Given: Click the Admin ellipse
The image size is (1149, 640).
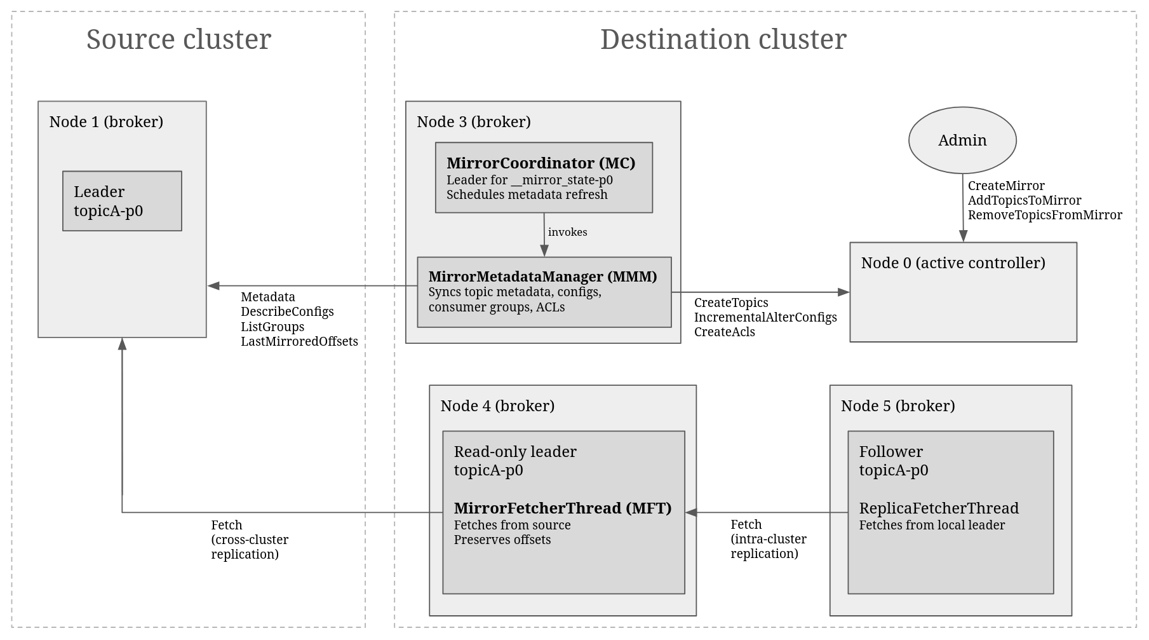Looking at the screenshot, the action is pyautogui.click(x=962, y=140).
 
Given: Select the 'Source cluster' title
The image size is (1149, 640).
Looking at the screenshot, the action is pyautogui.click(x=178, y=39).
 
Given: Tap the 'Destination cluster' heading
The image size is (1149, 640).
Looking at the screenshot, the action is pyautogui.click(x=723, y=39).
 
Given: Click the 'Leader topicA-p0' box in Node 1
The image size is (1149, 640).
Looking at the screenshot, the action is pyautogui.click(x=122, y=201).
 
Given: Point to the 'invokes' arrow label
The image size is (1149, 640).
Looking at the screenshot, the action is pyautogui.click(x=568, y=232).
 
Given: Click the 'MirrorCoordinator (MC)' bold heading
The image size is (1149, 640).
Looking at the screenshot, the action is pyautogui.click(x=541, y=163).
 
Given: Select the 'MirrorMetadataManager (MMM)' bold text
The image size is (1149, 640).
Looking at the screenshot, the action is pyautogui.click(x=543, y=276).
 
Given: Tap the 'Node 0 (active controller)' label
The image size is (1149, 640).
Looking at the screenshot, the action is pyautogui.click(x=953, y=262).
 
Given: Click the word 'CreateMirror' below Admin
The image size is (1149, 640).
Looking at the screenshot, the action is pyautogui.click(x=1006, y=186).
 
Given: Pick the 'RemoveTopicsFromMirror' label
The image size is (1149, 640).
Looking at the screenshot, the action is pyautogui.click(x=1045, y=215).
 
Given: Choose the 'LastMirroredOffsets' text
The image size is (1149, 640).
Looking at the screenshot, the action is pyautogui.click(x=299, y=341).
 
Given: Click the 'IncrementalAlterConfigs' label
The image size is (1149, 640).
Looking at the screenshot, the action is pyautogui.click(x=765, y=317).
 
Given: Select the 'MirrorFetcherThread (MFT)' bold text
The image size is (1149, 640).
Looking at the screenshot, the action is pyautogui.click(x=563, y=508).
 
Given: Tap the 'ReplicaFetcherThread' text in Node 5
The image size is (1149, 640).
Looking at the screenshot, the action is pyautogui.click(x=939, y=508).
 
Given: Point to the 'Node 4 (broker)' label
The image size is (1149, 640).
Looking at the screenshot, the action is pyautogui.click(x=497, y=405).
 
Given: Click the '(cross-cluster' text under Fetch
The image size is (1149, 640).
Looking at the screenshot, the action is pyautogui.click(x=250, y=540).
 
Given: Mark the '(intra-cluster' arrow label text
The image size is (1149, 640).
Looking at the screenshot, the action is pyautogui.click(x=769, y=539).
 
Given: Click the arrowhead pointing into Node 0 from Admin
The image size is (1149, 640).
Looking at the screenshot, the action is pyautogui.click(x=963, y=236).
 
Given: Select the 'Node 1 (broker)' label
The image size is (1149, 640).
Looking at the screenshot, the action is pyautogui.click(x=106, y=121).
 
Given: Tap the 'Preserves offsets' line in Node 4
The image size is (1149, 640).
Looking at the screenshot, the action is pyautogui.click(x=502, y=540).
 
